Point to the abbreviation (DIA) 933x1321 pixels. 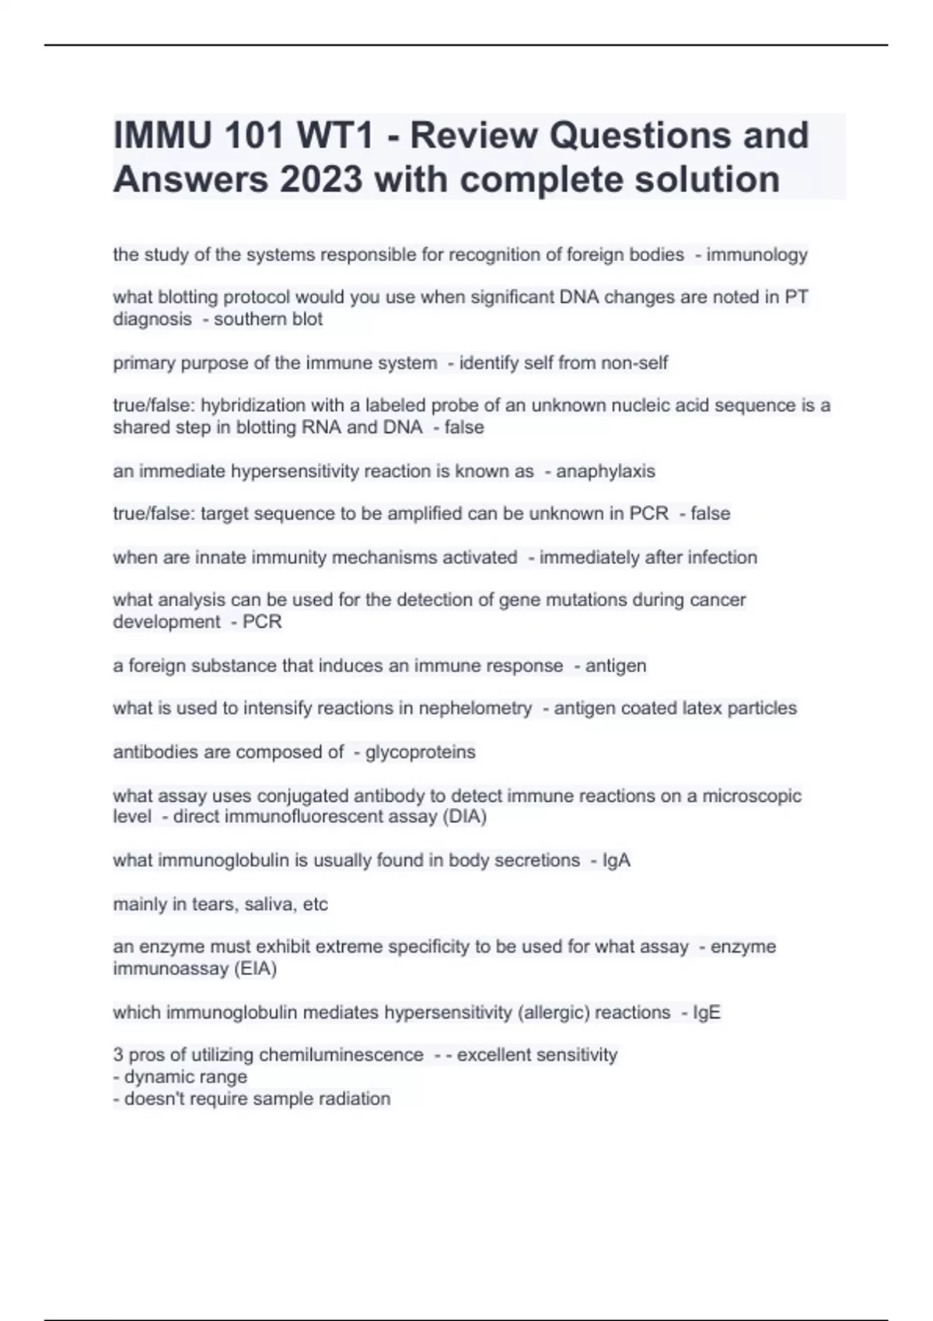[x=464, y=817]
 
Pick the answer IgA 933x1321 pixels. [x=617, y=861]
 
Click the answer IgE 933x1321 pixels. [x=707, y=1013]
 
